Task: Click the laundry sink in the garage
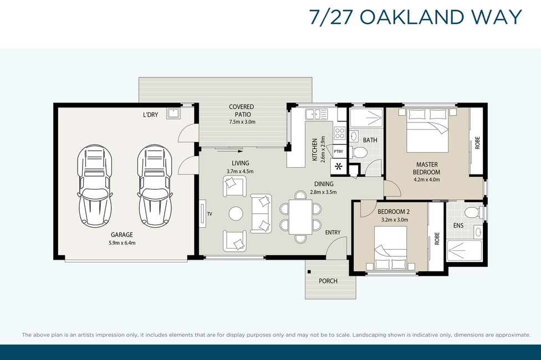click(172, 113)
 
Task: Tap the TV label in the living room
click(210, 214)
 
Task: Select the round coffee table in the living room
click(236, 213)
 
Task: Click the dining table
click(300, 217)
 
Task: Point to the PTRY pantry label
click(339, 151)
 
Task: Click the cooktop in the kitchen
click(339, 133)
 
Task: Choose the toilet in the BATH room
click(359, 152)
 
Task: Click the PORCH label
click(328, 281)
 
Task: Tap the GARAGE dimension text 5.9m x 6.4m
click(122, 243)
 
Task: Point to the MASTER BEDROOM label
click(427, 168)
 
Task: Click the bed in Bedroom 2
click(391, 248)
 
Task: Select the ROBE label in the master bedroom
click(477, 143)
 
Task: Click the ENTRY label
click(333, 233)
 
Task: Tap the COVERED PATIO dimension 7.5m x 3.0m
click(242, 122)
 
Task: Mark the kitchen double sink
click(316, 114)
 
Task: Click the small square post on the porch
click(309, 271)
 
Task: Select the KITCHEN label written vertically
click(314, 150)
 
